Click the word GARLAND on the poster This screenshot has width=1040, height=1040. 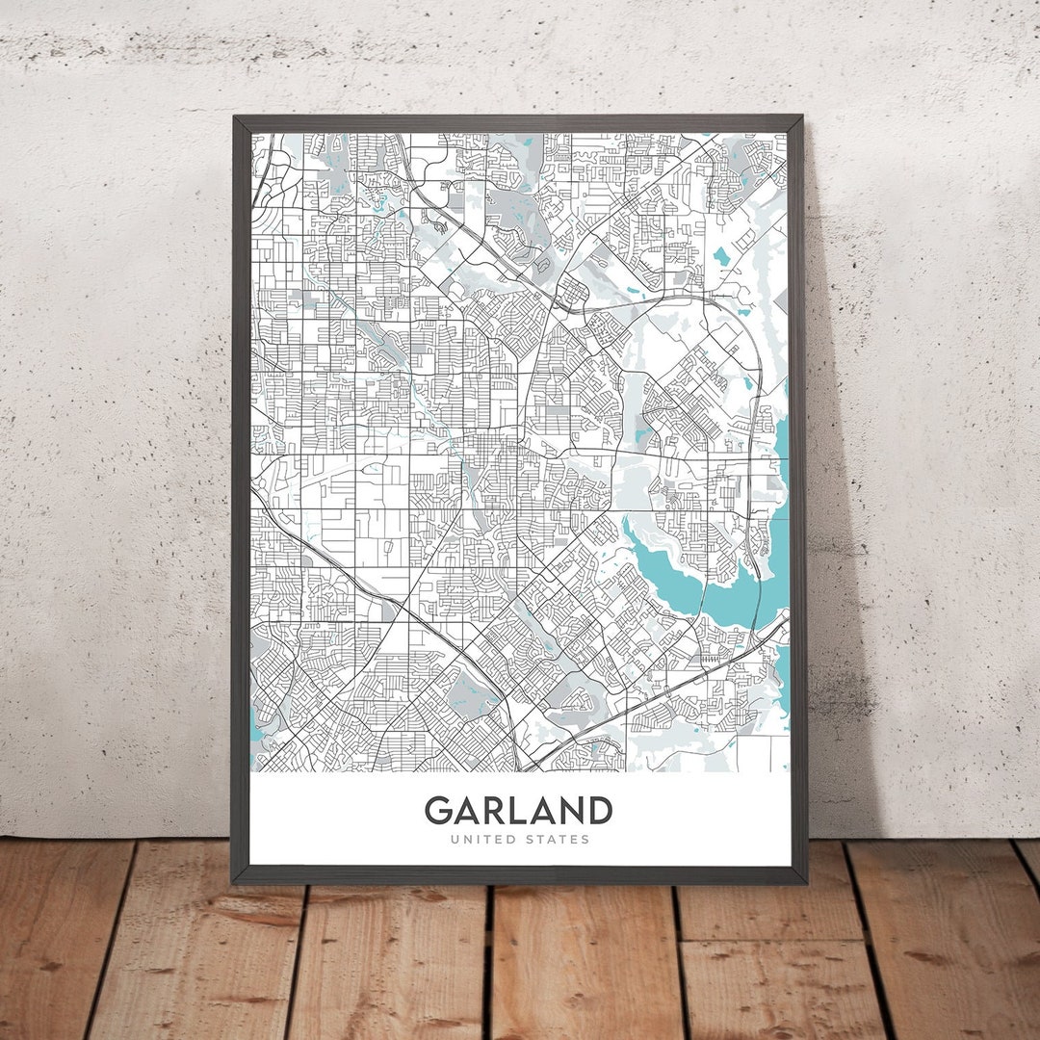[x=518, y=810]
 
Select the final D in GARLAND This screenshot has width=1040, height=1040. [x=599, y=810]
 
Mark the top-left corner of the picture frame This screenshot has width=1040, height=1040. [x=234, y=118]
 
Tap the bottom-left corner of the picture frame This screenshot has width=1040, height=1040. [x=233, y=880]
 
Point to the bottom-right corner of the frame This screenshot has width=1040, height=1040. [x=805, y=881]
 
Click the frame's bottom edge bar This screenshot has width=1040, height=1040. [x=520, y=874]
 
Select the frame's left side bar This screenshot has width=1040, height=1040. [x=241, y=501]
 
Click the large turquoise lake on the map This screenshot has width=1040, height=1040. [x=674, y=568]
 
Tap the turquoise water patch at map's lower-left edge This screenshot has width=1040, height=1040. [x=256, y=727]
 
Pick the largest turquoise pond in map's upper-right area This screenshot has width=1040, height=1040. [x=721, y=255]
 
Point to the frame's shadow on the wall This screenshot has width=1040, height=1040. [x=838, y=674]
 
